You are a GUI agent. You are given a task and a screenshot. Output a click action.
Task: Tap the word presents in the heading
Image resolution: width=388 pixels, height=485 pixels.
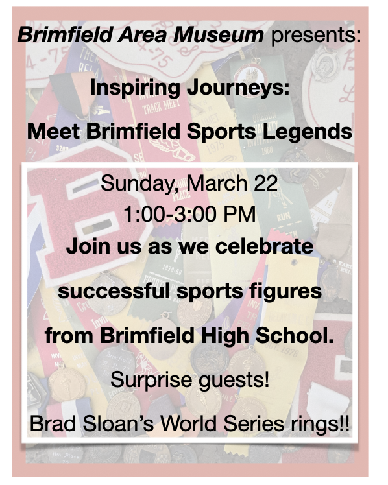pyautogui.click(x=314, y=34)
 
